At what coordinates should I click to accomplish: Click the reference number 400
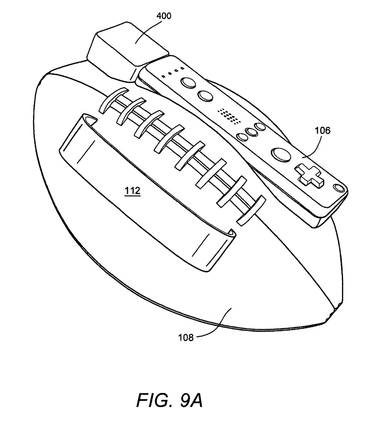click(x=164, y=16)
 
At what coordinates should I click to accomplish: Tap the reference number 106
click(x=322, y=130)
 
